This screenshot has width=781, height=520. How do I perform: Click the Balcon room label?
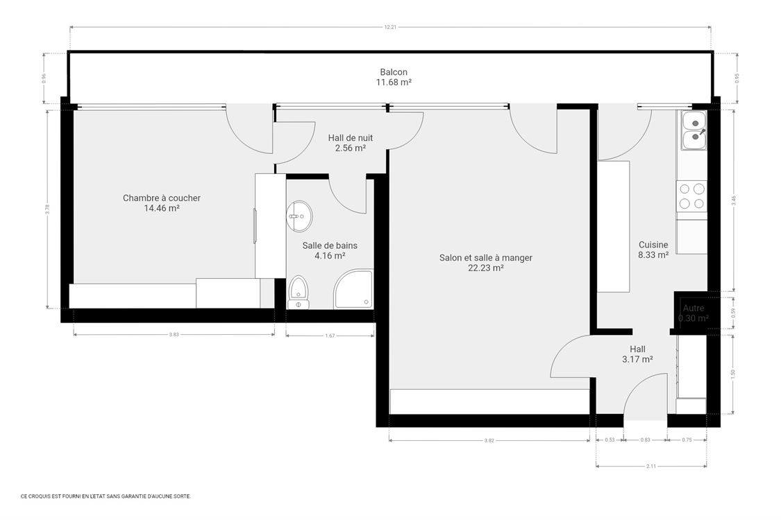click(393, 72)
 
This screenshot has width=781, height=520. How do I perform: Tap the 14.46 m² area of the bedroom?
click(161, 208)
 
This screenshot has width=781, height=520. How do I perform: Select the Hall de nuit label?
click(350, 138)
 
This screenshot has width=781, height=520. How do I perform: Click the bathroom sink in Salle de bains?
click(299, 216)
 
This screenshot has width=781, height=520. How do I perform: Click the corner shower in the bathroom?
click(353, 290)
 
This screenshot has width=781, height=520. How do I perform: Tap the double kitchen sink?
click(693, 131)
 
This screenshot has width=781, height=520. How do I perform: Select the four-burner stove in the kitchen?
click(691, 196)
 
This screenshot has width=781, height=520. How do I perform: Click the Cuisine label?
click(653, 245)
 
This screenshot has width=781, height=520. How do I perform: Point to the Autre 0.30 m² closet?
click(693, 313)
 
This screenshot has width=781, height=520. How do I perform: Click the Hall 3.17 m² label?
click(637, 354)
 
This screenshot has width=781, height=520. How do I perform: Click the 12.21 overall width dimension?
click(390, 28)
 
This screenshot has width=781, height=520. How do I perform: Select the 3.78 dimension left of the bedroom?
click(47, 209)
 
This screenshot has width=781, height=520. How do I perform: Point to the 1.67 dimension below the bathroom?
click(330, 336)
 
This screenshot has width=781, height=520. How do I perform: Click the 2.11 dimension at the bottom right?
click(651, 466)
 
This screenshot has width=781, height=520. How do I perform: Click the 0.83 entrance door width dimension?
click(645, 440)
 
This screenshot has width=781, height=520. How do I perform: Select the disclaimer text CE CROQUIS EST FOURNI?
click(106, 496)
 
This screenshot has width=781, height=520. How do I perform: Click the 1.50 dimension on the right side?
click(733, 373)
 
